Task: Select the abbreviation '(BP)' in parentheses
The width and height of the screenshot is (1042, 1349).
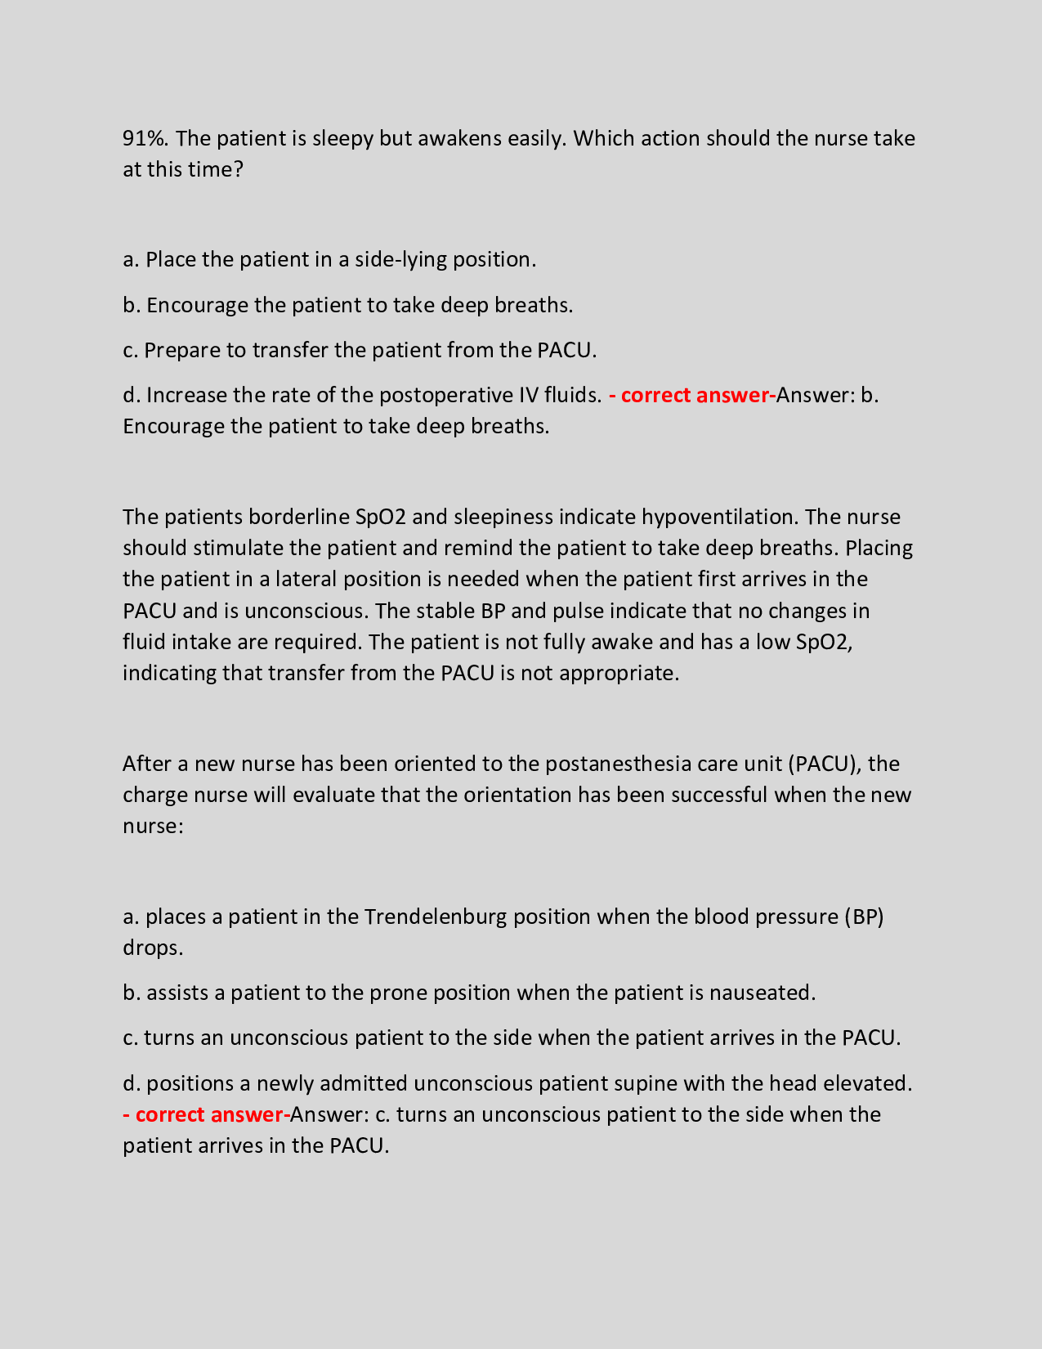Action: point(864,917)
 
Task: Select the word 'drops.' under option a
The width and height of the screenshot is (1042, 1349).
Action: point(153,948)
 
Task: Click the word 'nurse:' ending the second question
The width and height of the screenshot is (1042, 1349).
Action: point(153,827)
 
